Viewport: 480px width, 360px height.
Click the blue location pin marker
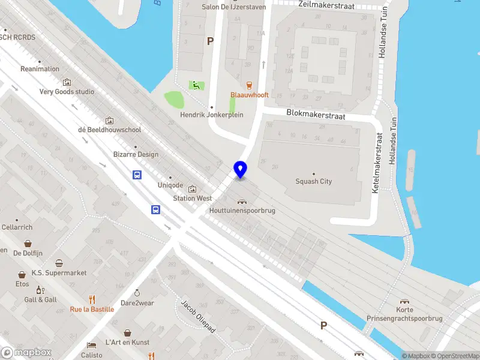[x=241, y=170]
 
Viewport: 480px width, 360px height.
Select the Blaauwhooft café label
[x=250, y=95]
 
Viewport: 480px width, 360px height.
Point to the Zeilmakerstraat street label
[x=326, y=5]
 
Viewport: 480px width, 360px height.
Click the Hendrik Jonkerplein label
[x=212, y=115]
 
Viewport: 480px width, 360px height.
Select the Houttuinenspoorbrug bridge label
[x=242, y=211]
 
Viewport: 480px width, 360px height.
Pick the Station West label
[x=193, y=198]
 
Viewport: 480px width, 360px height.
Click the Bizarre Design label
[x=136, y=154]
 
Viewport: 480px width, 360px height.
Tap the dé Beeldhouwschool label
[x=109, y=129]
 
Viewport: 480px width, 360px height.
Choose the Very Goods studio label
[x=67, y=92]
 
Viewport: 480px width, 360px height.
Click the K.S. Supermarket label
[x=59, y=272]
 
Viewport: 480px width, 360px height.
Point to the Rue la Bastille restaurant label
[x=92, y=309]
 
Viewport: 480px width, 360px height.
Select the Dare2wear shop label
[x=137, y=303]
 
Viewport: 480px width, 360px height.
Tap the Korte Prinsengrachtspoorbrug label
[x=405, y=314]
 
